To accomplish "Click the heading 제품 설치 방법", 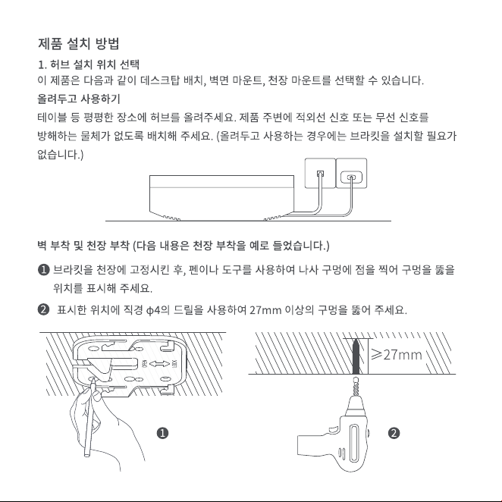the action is [79, 43].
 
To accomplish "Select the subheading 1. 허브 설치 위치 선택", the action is [89, 64].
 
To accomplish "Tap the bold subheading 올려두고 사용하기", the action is [79, 99].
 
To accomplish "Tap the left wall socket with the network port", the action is [320, 173].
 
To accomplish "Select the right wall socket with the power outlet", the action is [351, 173].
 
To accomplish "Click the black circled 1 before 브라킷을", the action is [43, 269].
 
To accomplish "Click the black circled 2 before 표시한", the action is [43, 310].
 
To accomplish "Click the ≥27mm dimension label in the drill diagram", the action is [397, 355].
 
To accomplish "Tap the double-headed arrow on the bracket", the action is [159, 364].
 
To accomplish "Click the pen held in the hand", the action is [89, 418].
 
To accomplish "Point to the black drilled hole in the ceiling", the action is [356, 357].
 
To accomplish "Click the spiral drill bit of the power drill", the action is [356, 387].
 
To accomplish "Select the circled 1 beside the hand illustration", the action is [162, 433].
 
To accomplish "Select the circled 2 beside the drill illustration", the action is [394, 433].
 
